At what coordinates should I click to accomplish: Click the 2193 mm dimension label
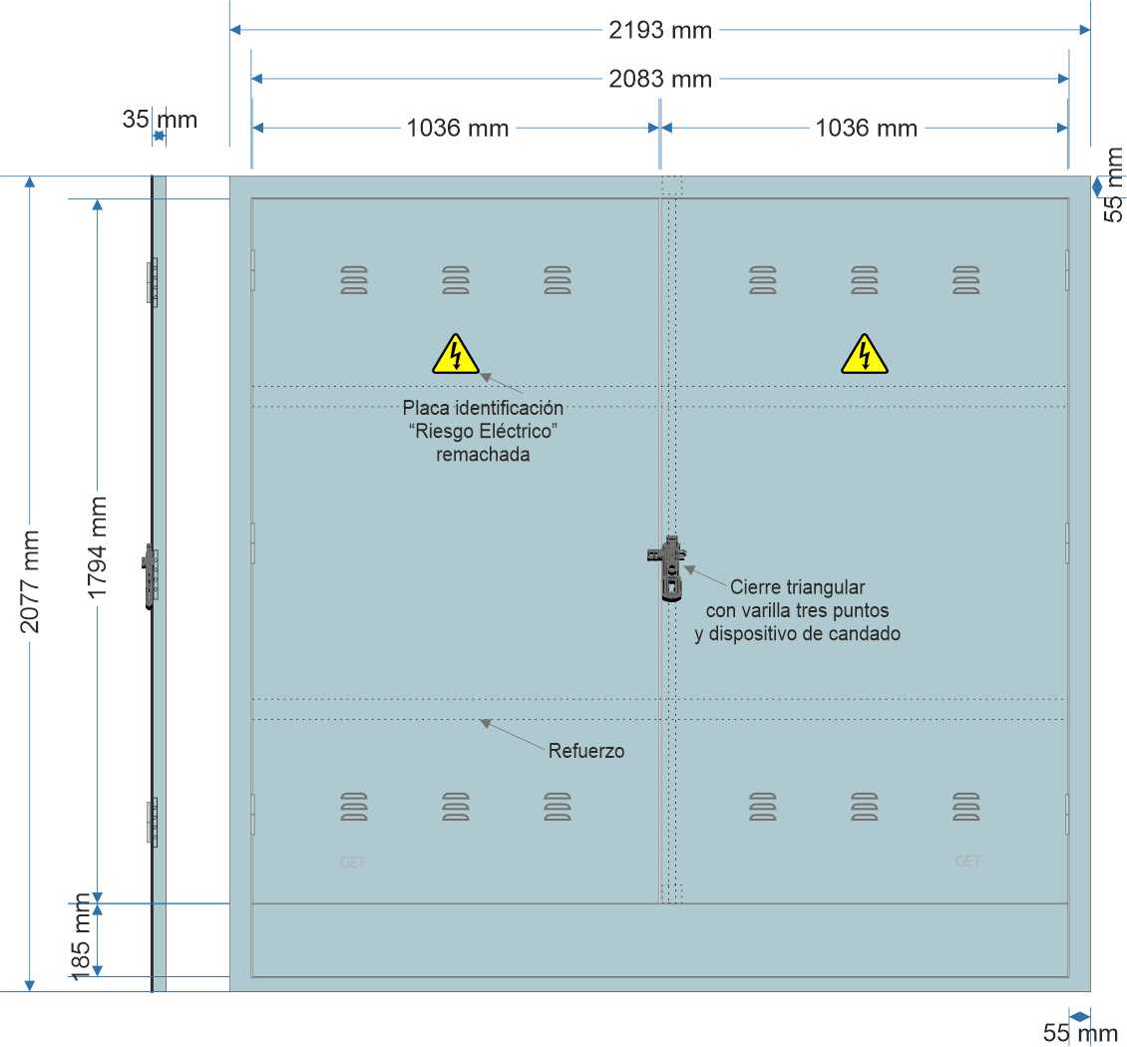[660, 30]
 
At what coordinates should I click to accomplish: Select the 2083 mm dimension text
[660, 79]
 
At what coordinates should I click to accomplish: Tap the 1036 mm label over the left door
[457, 128]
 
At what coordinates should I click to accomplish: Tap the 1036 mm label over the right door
[866, 128]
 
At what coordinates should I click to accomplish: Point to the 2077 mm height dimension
[30, 581]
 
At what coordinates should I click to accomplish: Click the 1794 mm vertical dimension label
[97, 547]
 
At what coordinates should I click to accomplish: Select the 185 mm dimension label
[81, 936]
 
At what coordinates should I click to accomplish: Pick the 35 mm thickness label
[160, 120]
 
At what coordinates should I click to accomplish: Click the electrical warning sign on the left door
[455, 354]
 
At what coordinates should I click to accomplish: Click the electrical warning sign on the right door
[864, 354]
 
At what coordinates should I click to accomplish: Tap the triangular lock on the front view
[667, 568]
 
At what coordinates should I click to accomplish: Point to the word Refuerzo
[585, 751]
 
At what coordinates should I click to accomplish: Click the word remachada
[483, 454]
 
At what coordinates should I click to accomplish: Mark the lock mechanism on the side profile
[151, 576]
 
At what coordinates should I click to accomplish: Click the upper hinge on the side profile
[153, 281]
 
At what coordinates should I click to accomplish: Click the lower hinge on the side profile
[153, 822]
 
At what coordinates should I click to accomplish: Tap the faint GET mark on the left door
[352, 862]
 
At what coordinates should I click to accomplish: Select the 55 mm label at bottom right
[1080, 1033]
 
